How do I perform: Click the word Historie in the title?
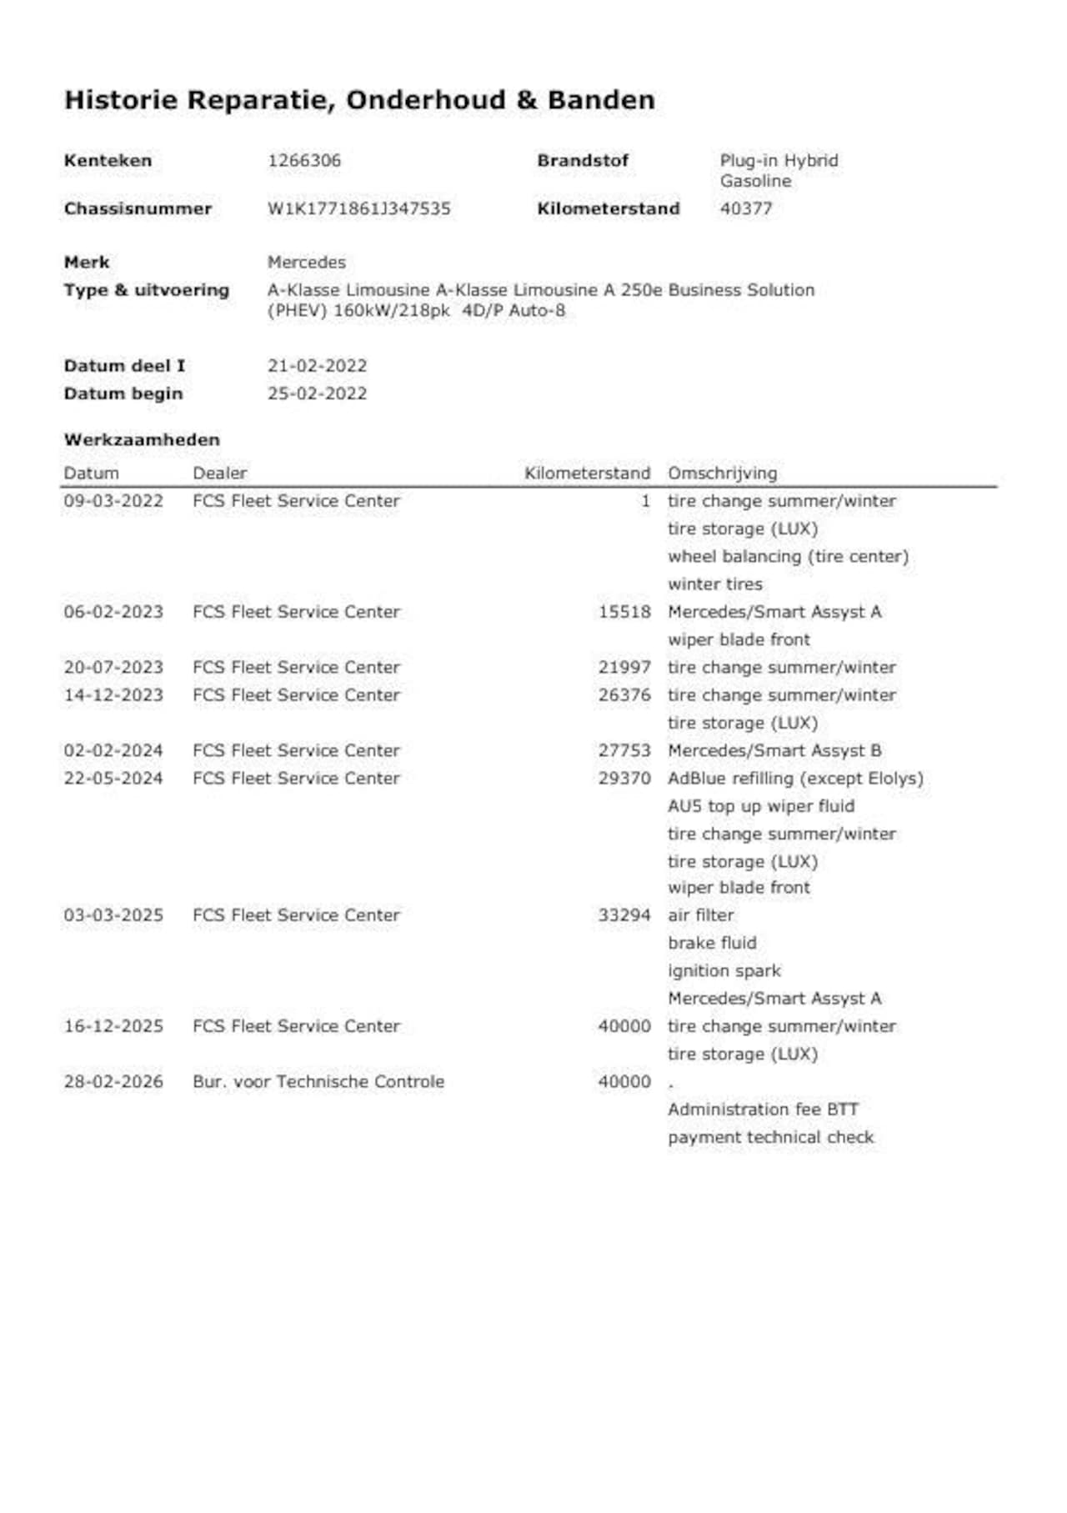[x=121, y=100]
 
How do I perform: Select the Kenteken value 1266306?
[x=304, y=161]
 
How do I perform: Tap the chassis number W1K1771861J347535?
[x=358, y=208]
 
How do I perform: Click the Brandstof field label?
[x=583, y=161]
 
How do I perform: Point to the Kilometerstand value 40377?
[x=746, y=208]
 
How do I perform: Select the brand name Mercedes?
[x=306, y=262]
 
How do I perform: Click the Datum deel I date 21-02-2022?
[x=317, y=366]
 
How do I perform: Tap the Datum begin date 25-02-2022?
[x=317, y=393]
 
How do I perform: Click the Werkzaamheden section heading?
[x=142, y=439]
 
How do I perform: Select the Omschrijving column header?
[x=722, y=473]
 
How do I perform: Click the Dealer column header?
[x=220, y=473]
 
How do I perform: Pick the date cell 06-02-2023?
[x=113, y=612]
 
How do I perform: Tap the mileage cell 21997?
[x=624, y=668]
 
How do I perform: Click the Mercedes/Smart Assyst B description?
[x=774, y=750]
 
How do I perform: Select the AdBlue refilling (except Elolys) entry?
[x=795, y=779]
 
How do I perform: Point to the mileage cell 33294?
[x=624, y=915]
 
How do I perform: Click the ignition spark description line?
[x=724, y=971]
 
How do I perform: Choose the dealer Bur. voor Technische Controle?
[x=318, y=1082]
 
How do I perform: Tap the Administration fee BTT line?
[x=763, y=1110]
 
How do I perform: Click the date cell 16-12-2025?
[x=113, y=1026]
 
